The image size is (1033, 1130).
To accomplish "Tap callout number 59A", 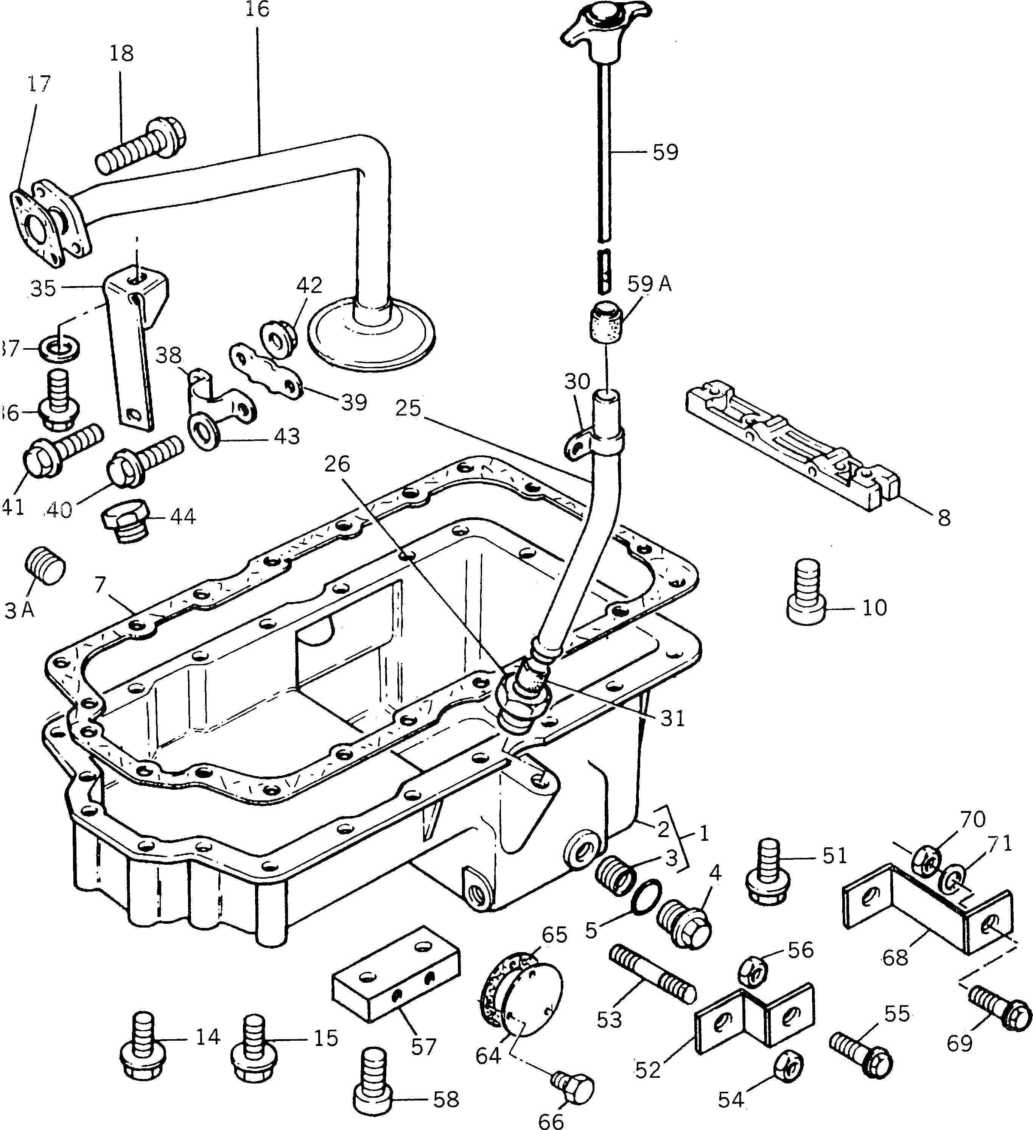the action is pos(649,284).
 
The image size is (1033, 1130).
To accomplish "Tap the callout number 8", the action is pos(944,518).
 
